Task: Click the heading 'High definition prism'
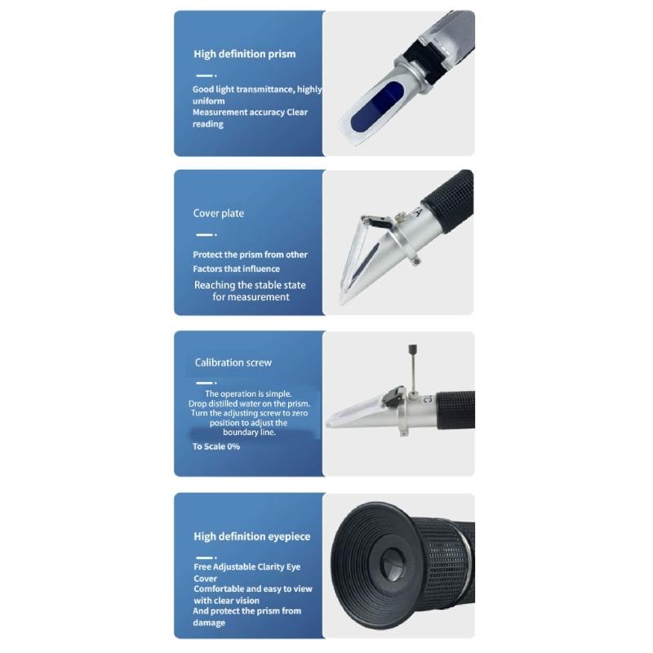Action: pos(244,55)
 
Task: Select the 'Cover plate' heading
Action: pos(218,214)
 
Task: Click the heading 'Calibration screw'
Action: pos(233,362)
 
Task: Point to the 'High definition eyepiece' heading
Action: pos(251,537)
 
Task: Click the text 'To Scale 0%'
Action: pos(215,447)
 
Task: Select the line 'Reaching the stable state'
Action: pos(250,285)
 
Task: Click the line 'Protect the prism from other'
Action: pos(250,255)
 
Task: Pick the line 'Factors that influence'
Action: pos(236,269)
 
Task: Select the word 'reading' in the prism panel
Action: pos(207,124)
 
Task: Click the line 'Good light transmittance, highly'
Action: pos(257,90)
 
